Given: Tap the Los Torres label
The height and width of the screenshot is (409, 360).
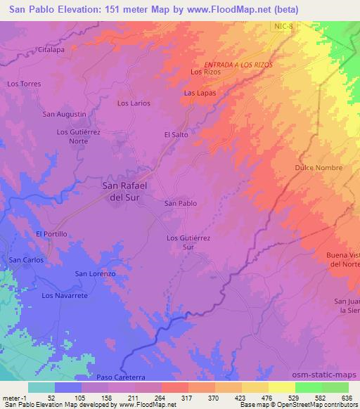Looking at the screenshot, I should click(24, 84).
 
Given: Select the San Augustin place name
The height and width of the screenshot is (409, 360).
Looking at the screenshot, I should click(65, 114).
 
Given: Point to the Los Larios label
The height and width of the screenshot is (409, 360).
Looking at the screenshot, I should click(134, 103).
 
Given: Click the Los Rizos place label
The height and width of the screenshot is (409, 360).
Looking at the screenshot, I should click(206, 72).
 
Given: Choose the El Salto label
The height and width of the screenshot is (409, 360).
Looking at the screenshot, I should click(178, 134).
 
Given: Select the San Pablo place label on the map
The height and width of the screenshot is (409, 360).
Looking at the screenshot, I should click(181, 203).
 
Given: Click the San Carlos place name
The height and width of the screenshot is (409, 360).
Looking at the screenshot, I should click(26, 259).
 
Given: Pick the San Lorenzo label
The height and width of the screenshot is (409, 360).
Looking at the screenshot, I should click(95, 273).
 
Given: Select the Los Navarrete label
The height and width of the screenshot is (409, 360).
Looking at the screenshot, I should click(65, 296).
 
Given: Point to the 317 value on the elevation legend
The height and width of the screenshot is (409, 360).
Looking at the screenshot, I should click(186, 397).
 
